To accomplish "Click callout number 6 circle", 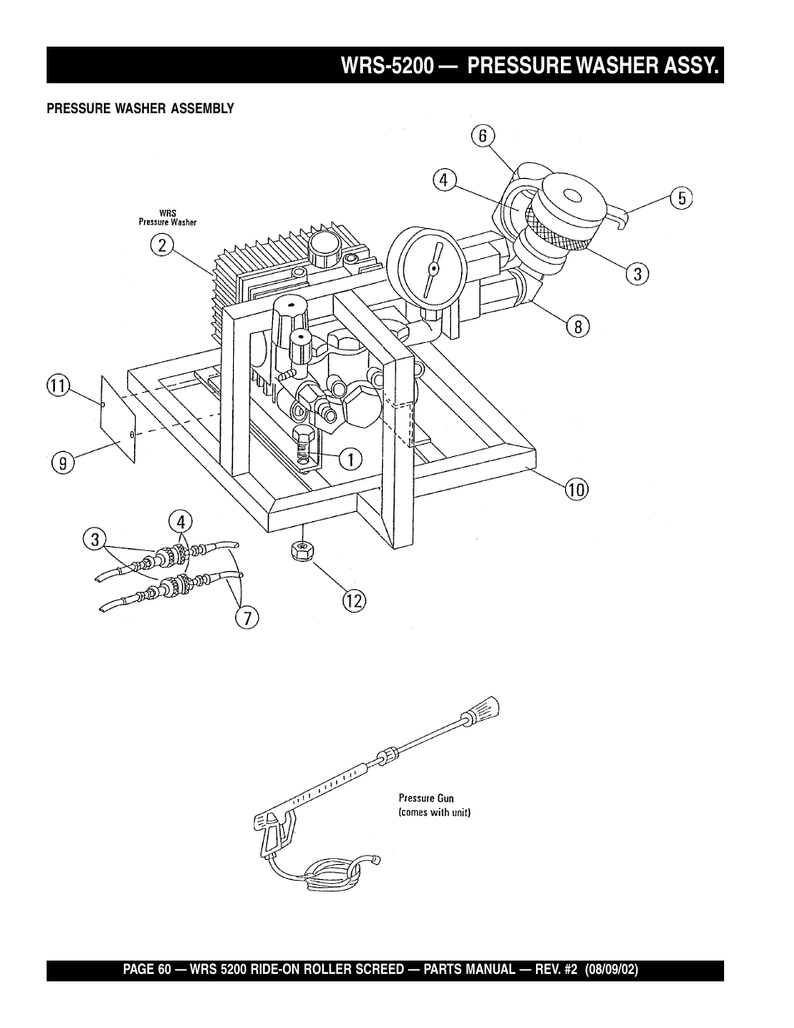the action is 483,136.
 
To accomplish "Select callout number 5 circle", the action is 682,198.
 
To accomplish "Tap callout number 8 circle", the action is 578,326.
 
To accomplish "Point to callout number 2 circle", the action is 162,246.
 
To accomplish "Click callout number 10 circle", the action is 577,489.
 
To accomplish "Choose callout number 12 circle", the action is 355,601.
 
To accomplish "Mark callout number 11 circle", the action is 58,385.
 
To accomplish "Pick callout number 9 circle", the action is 63,462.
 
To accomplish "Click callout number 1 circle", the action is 351,459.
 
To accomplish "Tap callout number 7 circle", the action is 247,617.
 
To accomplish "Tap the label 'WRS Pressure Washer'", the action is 167,217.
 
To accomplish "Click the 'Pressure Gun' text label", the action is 426,798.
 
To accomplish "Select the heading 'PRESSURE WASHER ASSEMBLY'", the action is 141,109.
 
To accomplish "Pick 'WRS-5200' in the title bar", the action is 387,65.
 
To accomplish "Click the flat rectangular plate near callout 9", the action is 118,420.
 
